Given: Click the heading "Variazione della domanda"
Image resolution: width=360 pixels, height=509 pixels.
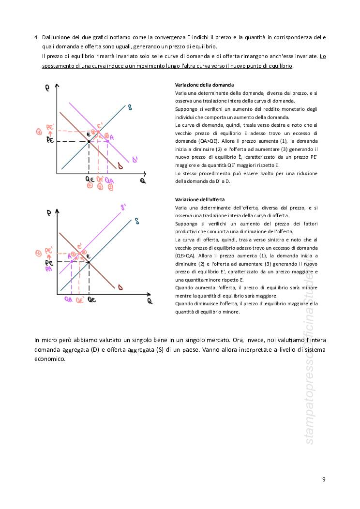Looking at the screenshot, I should point(204,85).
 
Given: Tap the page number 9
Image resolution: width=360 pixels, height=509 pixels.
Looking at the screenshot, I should point(324,479).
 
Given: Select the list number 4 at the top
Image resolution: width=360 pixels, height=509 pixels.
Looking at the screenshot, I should point(36,37).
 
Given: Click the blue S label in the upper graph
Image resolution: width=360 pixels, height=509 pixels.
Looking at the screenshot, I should point(130,107).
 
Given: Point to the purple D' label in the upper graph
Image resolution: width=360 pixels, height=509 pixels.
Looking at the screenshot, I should point(135,160).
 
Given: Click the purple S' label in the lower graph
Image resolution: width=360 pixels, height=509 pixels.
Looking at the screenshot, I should point(124,208).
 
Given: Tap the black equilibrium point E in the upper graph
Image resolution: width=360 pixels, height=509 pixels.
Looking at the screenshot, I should point(89,141).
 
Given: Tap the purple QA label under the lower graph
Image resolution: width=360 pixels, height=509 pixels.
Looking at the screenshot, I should point(69,299).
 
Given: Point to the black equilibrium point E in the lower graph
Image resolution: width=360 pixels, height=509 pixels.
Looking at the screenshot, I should point(90,262).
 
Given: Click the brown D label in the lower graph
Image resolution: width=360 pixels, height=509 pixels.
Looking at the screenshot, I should point(120,288).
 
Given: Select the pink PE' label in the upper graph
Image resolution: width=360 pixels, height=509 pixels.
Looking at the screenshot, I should point(50,127).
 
